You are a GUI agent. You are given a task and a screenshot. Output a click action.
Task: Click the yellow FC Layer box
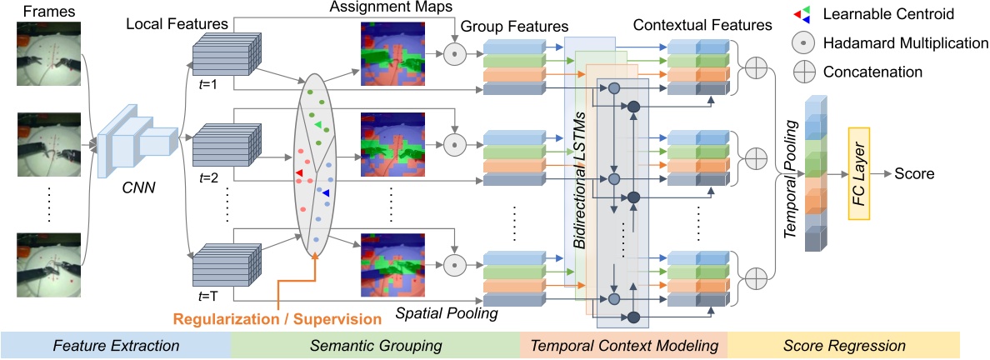tap(858, 174)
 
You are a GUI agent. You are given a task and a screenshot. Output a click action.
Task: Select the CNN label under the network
tap(136, 190)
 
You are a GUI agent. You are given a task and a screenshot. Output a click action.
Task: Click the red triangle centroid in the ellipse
tap(299, 172)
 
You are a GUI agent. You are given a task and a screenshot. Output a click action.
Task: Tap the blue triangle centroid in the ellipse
tap(326, 193)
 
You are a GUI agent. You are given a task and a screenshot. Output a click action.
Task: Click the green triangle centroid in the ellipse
tap(317, 125)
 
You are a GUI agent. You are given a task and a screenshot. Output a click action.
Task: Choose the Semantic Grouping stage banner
tap(374, 343)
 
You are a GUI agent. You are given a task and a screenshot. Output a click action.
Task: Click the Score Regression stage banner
tap(843, 343)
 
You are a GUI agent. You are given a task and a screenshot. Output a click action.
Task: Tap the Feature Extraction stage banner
tap(115, 343)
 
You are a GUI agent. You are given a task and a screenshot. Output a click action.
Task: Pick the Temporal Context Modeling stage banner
tap(622, 343)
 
